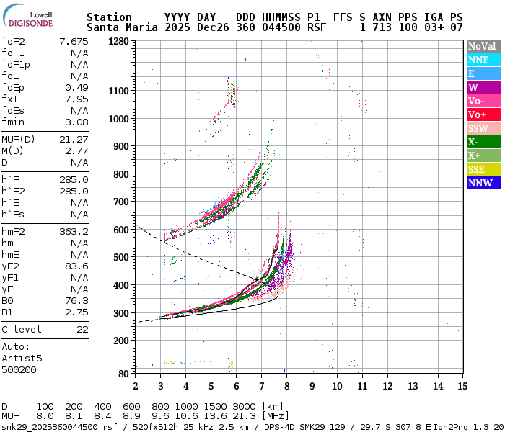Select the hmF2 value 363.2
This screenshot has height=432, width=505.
point(74,231)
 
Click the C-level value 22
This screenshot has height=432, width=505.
point(82,329)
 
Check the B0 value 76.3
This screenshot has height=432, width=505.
point(76,300)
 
